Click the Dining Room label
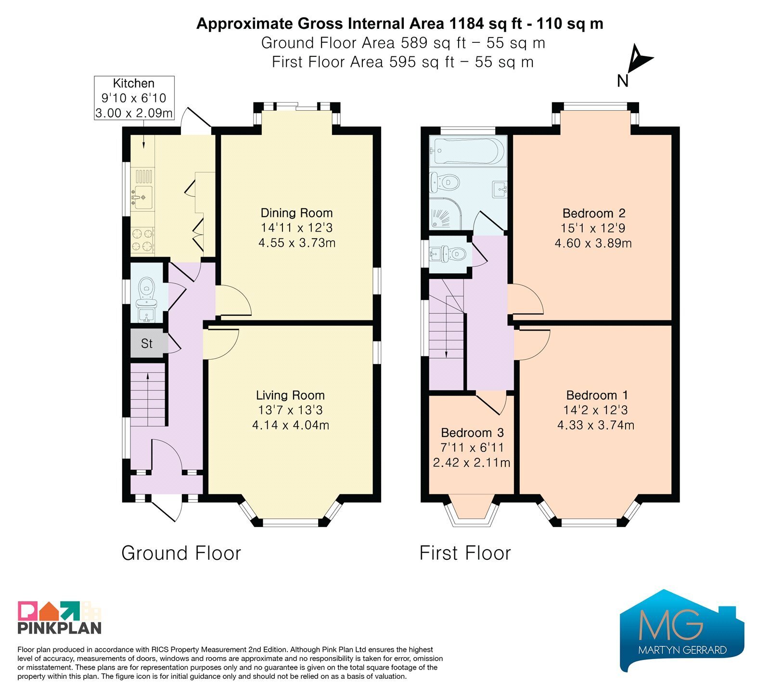(296, 213)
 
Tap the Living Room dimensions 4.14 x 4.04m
(291, 425)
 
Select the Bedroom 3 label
(472, 433)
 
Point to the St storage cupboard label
(147, 344)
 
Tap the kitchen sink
(143, 194)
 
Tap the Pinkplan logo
(60, 617)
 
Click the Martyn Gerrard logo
(682, 630)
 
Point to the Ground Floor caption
(181, 553)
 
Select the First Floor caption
(465, 553)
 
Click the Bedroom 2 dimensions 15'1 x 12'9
(593, 228)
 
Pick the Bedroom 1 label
(597, 395)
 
